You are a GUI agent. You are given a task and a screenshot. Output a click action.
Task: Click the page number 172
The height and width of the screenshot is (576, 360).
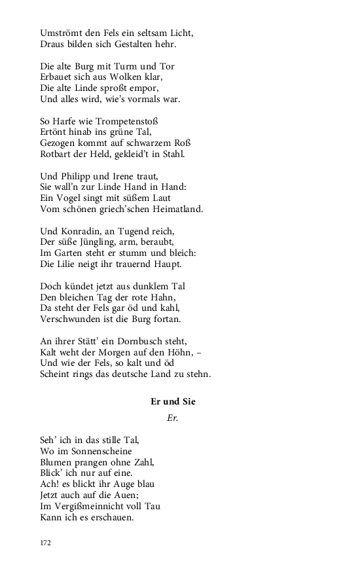pyautogui.click(x=45, y=543)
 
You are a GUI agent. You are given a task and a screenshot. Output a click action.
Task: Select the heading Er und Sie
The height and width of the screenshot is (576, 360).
pyautogui.click(x=173, y=401)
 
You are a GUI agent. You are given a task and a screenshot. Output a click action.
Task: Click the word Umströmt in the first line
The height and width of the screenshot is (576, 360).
pyautogui.click(x=60, y=32)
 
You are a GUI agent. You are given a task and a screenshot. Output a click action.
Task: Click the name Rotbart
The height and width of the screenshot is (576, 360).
pyautogui.click(x=57, y=154)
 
